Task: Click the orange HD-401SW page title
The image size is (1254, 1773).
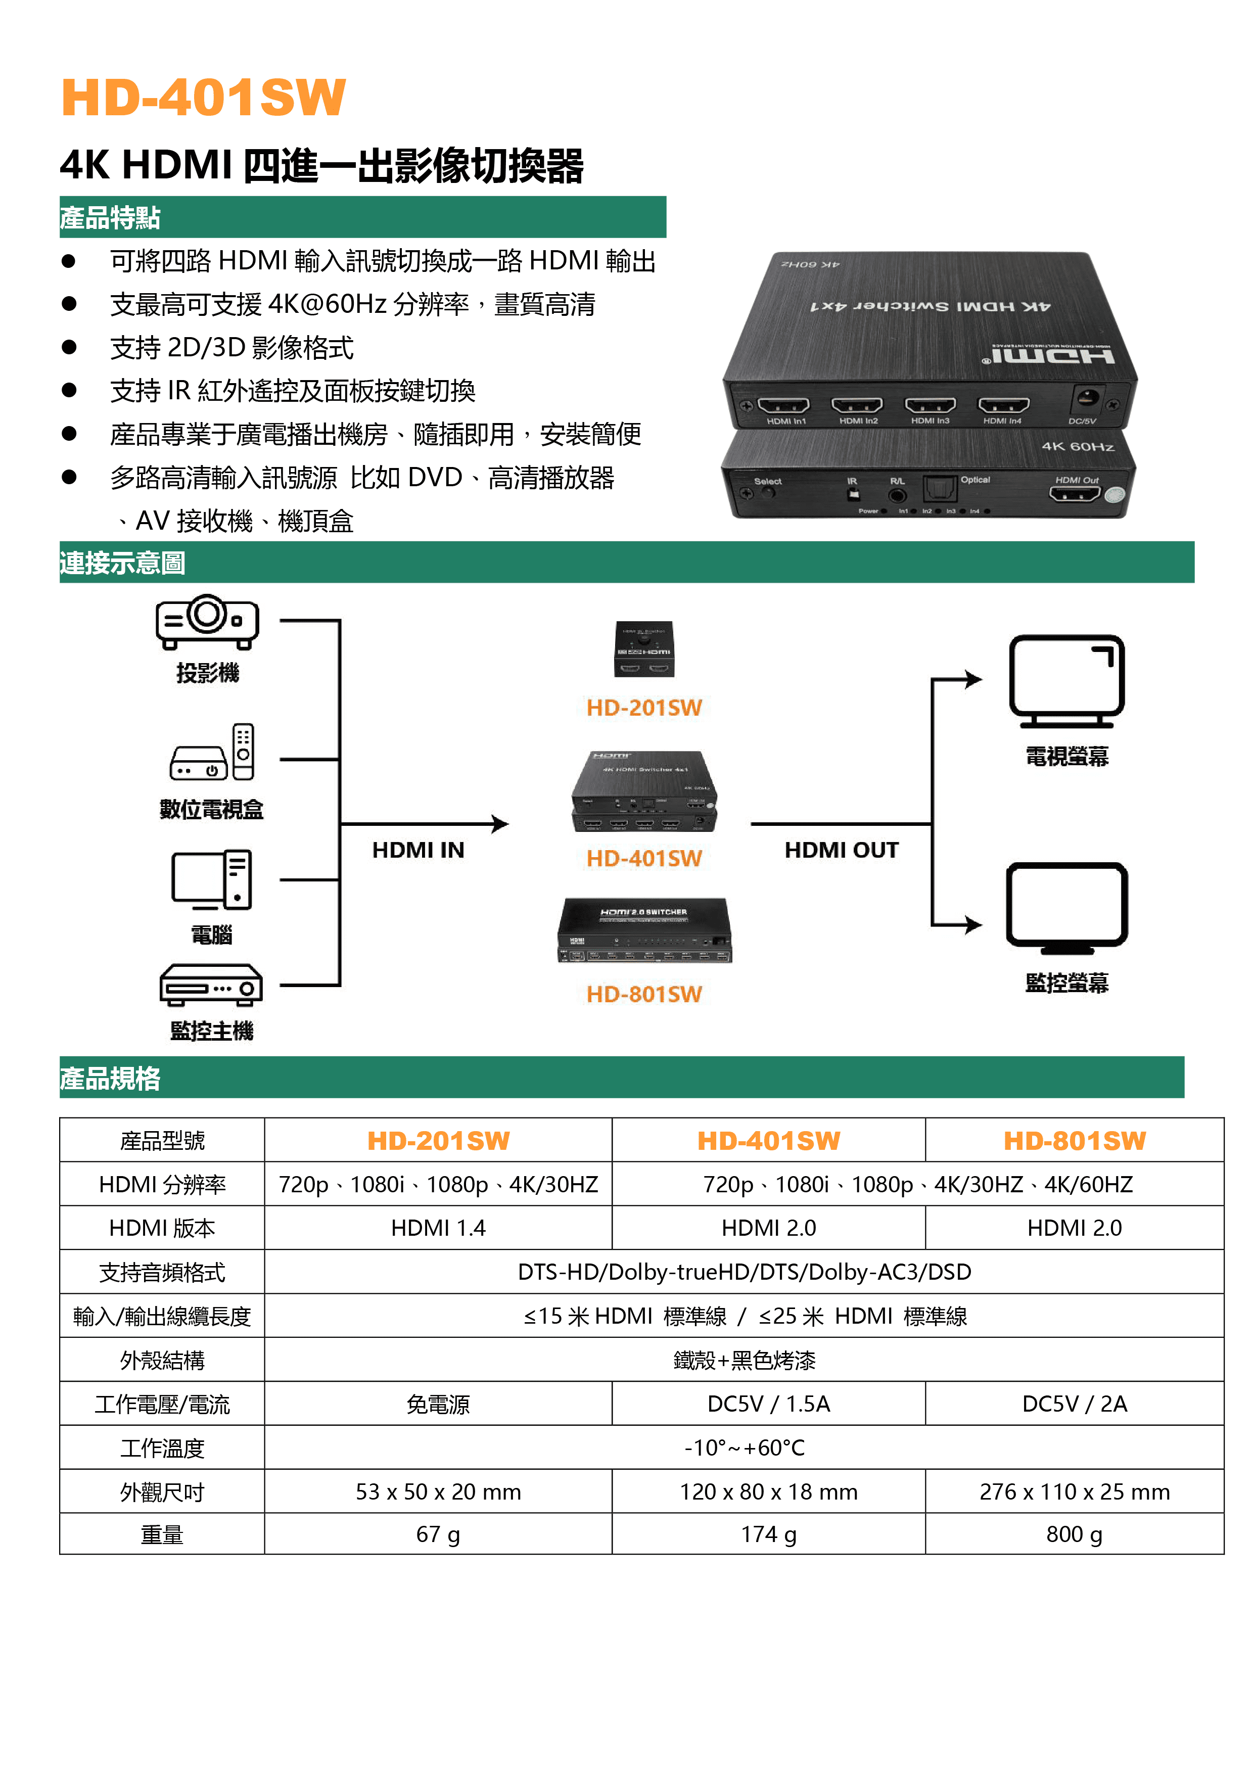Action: pos(203,98)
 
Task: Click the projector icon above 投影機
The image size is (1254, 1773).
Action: pos(207,622)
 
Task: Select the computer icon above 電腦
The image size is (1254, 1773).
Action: pos(212,879)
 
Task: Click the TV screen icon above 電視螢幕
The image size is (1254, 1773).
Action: pos(1067,681)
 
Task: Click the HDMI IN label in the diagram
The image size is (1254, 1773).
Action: pos(419,850)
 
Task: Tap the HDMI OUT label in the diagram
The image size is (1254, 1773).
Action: pos(842,850)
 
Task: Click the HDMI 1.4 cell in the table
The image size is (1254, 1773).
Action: pos(439,1228)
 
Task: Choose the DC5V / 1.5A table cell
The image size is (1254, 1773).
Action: pos(769,1404)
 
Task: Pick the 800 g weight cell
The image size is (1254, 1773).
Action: pos(1075,1534)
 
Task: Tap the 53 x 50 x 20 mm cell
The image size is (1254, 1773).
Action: pos(439,1492)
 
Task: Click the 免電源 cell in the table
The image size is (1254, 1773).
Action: pos(439,1404)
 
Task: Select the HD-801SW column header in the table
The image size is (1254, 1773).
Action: pos(1075,1141)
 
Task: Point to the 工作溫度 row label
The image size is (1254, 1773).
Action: pos(162,1448)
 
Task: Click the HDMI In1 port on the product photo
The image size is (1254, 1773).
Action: pos(784,405)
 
